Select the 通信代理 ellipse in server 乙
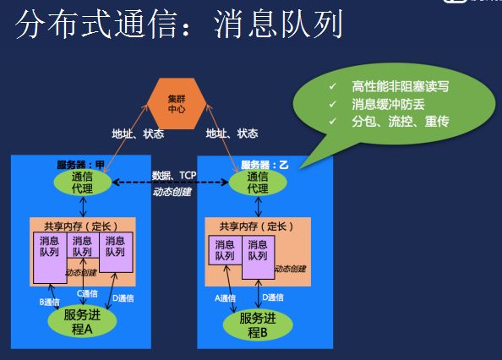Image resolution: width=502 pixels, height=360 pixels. pos(258,183)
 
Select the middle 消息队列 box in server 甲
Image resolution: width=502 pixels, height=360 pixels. pos(82,247)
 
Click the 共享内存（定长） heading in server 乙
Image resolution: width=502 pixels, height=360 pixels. pos(254,226)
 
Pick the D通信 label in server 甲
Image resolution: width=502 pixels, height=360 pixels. pos(123,298)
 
